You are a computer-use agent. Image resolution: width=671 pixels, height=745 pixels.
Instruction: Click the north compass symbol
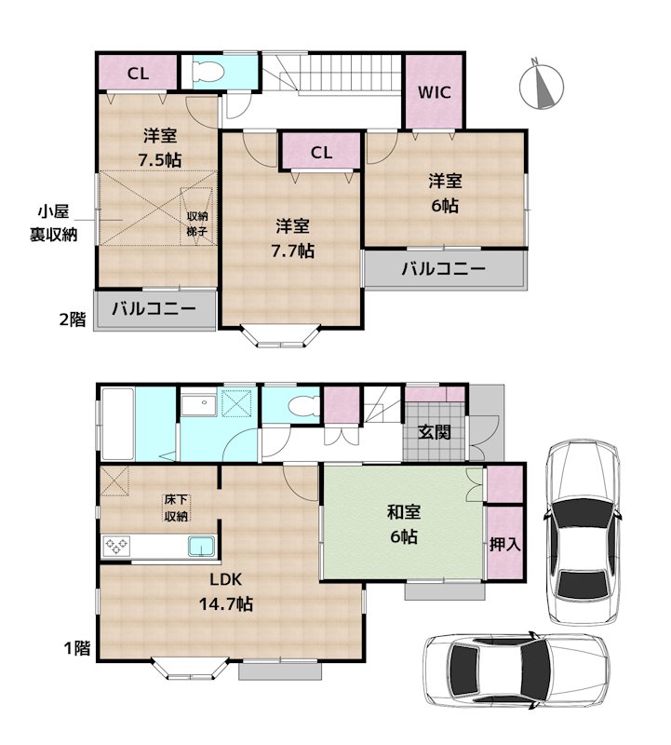tap(539, 83)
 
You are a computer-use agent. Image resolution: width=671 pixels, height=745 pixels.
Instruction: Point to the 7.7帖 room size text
tap(293, 251)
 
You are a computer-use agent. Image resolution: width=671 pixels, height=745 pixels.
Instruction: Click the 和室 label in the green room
tap(403, 510)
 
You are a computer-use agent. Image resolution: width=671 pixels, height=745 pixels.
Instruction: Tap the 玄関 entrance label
tap(435, 432)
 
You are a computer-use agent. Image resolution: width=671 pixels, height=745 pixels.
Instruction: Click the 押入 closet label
tap(504, 544)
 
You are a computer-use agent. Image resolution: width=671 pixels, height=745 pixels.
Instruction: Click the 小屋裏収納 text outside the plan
tap(51, 223)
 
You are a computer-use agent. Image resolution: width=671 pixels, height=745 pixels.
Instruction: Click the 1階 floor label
tap(76, 647)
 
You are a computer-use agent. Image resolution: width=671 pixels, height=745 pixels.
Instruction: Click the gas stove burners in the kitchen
tap(118, 546)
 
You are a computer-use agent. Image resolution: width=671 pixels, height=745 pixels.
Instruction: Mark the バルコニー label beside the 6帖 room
tap(443, 270)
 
